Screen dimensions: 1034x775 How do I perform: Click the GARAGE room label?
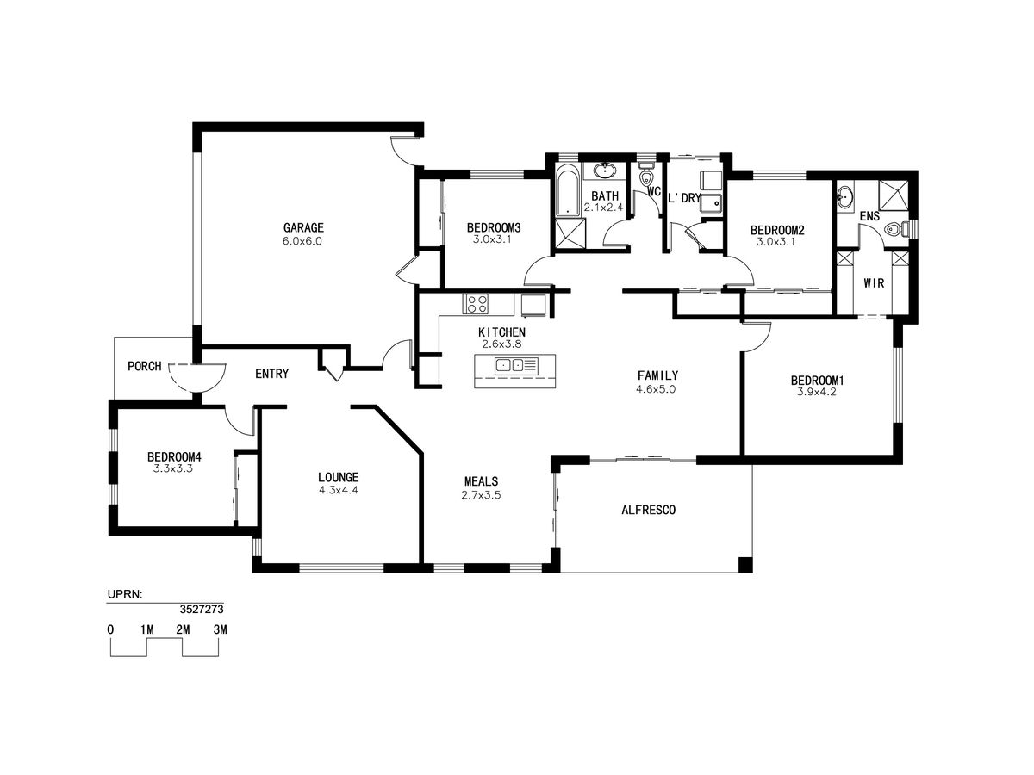pos(303,227)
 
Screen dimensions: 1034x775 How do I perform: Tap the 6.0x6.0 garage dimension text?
pos(302,241)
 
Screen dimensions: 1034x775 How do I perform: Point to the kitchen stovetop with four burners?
pos(475,303)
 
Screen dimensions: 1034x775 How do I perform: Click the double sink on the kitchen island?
pos(511,364)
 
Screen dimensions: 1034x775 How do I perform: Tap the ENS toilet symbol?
pos(897,230)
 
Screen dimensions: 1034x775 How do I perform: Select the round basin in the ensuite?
pos(845,195)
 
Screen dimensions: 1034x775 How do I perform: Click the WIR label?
pos(874,283)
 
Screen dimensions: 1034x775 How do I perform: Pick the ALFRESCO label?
pos(648,510)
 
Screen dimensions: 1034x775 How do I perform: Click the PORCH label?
pos(145,366)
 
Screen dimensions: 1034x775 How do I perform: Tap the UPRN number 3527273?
pos(202,610)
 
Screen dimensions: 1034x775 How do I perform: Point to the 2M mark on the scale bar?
pos(183,629)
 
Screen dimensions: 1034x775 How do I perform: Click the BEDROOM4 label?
pos(174,457)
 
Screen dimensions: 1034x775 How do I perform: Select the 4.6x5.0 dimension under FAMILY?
pos(656,389)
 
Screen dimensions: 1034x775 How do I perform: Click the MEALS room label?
pos(481,481)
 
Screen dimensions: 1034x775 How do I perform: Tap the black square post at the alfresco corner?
pos(745,565)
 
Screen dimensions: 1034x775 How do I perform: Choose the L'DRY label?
pos(684,198)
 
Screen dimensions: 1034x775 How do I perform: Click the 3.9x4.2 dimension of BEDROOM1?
pos(816,392)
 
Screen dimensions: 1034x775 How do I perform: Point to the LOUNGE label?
pos(339,478)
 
